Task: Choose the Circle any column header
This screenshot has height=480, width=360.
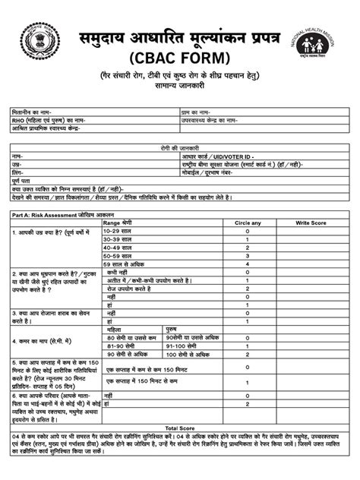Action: tap(248, 223)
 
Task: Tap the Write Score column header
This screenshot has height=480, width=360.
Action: tap(311, 223)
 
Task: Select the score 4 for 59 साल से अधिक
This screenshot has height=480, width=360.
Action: tap(248, 264)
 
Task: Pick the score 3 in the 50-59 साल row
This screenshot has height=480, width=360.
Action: tap(248, 255)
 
